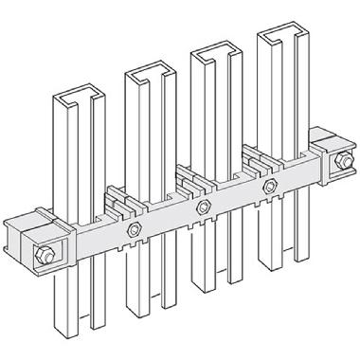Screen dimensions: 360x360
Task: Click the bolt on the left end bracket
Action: [x=44, y=253]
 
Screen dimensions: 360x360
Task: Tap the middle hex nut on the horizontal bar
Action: [x=201, y=204]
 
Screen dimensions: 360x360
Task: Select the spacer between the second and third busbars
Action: [x=187, y=175]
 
